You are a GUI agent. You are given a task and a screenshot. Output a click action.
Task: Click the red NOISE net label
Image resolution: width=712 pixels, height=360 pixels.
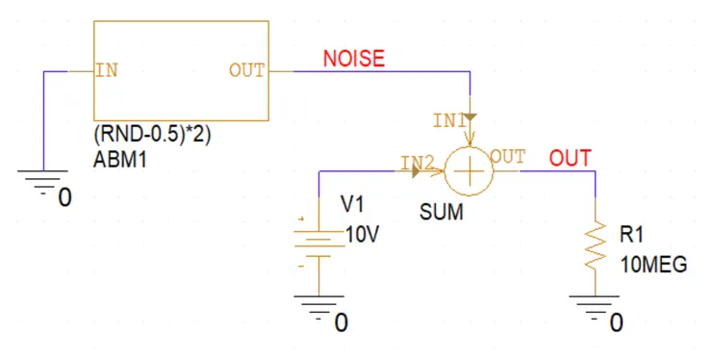(353, 59)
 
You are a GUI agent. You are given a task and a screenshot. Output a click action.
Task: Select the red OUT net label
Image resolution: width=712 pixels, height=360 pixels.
(571, 158)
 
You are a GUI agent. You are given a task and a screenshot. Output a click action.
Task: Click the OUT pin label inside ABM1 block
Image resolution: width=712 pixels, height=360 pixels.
(246, 71)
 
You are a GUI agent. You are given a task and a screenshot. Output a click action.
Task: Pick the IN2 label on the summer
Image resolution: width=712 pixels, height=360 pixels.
(416, 162)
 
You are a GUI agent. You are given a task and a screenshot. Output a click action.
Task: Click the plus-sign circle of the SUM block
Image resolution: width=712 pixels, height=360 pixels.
(469, 172)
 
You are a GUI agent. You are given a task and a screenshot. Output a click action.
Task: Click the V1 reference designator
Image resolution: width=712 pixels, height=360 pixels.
(354, 204)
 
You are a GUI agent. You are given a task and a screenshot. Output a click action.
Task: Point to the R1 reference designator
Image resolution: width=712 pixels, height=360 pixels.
(630, 234)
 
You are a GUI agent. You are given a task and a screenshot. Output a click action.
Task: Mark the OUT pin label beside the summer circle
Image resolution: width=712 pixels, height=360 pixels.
(507, 155)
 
